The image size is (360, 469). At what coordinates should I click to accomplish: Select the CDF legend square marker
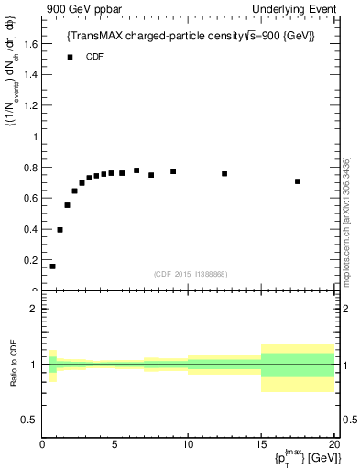tap(70, 57)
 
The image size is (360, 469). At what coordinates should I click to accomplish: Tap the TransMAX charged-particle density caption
tap(191, 36)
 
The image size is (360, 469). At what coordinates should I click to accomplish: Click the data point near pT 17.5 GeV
tap(298, 181)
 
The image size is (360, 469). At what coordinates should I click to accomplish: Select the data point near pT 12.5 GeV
tap(224, 173)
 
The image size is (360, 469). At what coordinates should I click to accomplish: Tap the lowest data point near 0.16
tap(52, 267)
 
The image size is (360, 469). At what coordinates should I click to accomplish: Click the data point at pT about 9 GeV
tap(173, 171)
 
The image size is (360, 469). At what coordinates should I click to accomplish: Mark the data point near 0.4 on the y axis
tap(60, 230)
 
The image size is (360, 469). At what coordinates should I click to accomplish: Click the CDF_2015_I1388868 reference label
tap(191, 274)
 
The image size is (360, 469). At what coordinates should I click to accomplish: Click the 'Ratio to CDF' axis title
tap(14, 365)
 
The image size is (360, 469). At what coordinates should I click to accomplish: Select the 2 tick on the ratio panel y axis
tap(34, 309)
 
